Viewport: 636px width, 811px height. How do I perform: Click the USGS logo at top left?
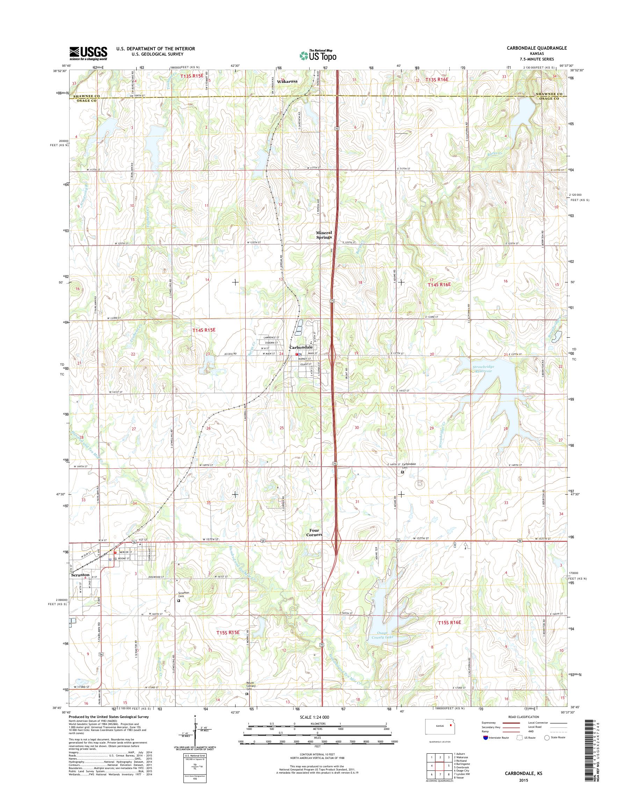tap(88, 53)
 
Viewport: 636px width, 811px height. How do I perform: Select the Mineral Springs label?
tap(324, 235)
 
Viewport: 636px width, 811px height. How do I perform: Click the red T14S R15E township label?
tap(204, 330)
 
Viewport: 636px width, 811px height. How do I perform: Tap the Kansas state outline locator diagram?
tap(440, 727)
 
